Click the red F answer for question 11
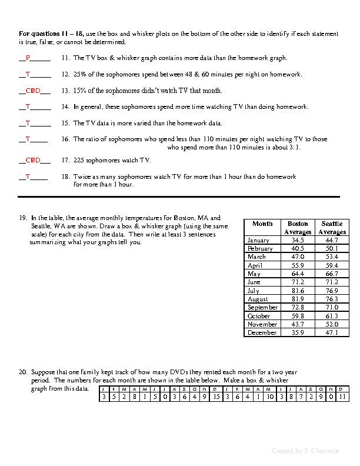pos(28,58)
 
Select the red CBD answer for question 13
pos(32,91)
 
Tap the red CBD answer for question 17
pos(32,160)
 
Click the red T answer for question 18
pos(28,177)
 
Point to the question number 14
pos(65,107)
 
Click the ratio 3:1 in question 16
pos(294,148)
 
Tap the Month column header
pos(262,224)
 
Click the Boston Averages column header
pos(298,228)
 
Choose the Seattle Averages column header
pos(332,228)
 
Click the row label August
pos(259,299)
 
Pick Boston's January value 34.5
pos(298,240)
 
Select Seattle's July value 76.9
pos(332,291)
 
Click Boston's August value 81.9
pos(298,299)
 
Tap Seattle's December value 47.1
pos(332,332)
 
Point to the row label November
pos(262,324)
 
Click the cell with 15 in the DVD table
pos(216,397)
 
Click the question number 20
pos(23,372)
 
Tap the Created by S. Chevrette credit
pos(305,451)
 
